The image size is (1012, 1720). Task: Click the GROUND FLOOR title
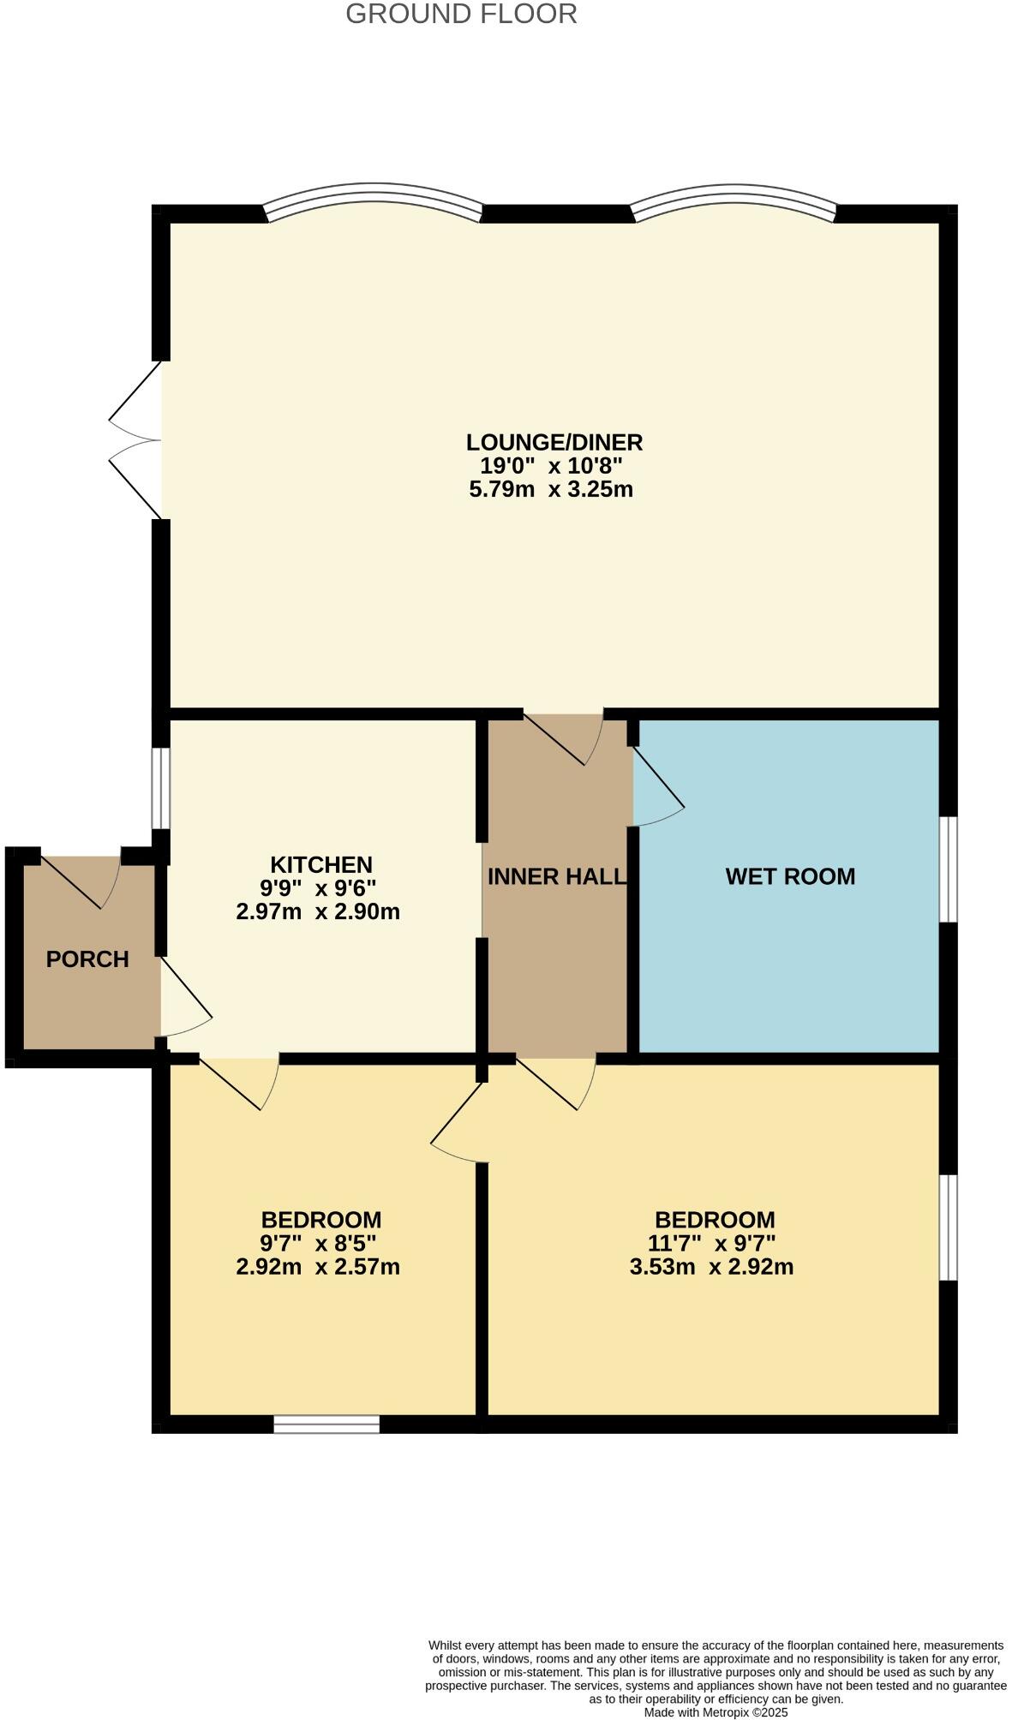(461, 14)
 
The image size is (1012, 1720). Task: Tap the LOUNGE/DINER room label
(554, 442)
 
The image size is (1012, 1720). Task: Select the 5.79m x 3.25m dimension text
(551, 490)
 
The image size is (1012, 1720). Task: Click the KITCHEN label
(321, 864)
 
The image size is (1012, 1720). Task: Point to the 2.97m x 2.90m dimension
(318, 911)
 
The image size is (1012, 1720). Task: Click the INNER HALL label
(557, 876)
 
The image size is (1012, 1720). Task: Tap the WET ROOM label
(790, 876)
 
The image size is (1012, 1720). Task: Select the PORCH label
(87, 959)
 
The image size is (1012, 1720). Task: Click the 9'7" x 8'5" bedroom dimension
(319, 1243)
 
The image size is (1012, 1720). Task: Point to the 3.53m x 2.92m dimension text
(711, 1267)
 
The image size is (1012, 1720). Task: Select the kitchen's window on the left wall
(160, 788)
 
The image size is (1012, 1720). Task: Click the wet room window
(948, 869)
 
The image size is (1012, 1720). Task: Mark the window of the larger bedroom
(948, 1227)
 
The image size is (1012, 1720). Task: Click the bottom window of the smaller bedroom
(326, 1424)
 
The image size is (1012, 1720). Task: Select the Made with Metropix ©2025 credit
(716, 1712)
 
